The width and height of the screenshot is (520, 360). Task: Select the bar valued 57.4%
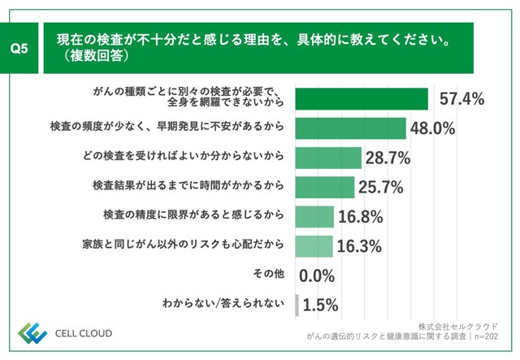click(362, 98)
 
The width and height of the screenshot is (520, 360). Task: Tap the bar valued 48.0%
click(350, 128)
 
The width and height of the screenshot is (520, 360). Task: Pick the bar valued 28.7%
click(328, 158)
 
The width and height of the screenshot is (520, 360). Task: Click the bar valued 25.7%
click(325, 187)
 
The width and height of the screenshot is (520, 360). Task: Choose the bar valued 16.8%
click(314, 216)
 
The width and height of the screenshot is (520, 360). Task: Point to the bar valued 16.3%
click(314, 245)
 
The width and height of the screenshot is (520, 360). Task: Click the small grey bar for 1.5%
click(297, 305)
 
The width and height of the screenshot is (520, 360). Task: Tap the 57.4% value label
click(461, 99)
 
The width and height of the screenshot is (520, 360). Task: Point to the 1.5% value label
click(320, 306)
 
